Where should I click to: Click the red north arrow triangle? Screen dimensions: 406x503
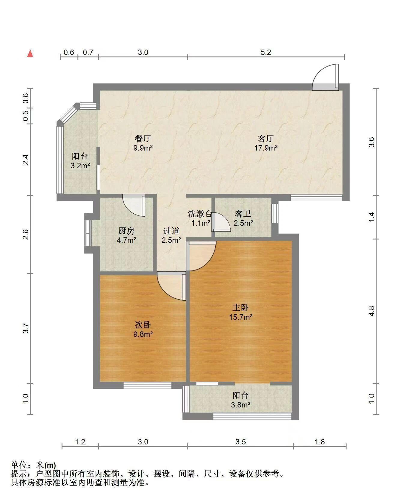30,54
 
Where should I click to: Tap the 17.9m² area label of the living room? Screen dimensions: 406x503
266,148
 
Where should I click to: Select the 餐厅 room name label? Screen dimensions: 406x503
143,139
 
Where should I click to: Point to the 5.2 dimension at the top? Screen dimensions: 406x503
266,52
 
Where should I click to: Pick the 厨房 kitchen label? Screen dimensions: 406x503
126,231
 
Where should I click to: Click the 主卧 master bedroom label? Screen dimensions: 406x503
241,307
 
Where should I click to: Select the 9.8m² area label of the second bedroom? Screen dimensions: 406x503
143,334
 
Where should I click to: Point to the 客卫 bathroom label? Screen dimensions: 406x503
243,214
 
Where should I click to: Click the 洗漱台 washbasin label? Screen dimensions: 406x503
200,214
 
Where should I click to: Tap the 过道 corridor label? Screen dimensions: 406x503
171,231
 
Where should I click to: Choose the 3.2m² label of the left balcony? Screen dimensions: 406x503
80,165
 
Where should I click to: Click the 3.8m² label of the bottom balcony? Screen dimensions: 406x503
241,405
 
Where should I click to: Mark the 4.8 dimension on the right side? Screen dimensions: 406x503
371,311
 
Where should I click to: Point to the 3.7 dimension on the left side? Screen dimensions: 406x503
26,328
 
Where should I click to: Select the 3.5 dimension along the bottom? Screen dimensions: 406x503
241,442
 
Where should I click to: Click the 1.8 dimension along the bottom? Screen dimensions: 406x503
320,442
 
